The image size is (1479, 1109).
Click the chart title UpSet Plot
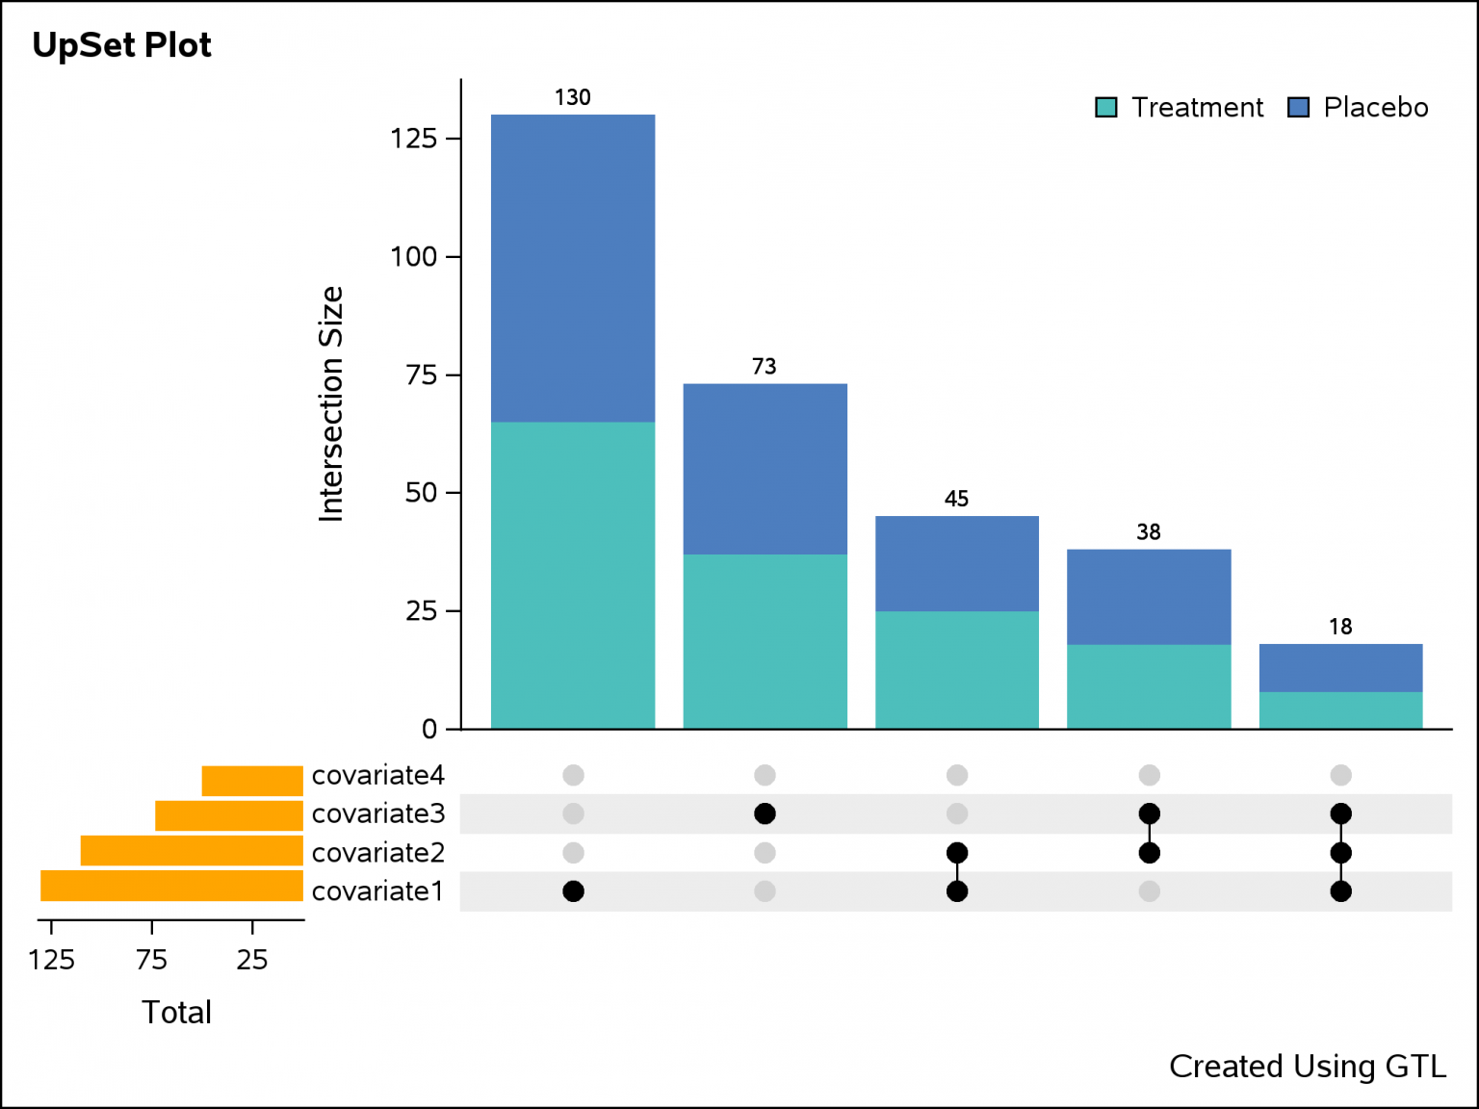pos(121,45)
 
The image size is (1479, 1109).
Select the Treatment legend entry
pos(1181,107)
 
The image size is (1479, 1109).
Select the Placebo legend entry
pos(1359,107)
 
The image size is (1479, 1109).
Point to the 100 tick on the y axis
pos(413,257)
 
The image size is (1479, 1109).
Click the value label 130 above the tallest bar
pos(572,97)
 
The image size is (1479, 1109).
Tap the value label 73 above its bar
pos(764,367)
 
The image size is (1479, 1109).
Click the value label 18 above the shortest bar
pos(1340,628)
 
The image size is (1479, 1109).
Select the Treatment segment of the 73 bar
pos(765,641)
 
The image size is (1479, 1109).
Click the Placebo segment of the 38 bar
pos(1149,597)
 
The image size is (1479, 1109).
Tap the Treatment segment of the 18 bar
pos(1340,710)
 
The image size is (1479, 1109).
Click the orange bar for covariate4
pos(252,781)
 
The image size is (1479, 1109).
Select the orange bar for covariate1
pos(171,886)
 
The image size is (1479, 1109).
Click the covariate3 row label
pos(378,814)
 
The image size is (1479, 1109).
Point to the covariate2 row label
pos(378,853)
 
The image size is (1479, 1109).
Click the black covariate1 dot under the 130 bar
pos(573,891)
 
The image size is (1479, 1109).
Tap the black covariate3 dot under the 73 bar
pos(765,814)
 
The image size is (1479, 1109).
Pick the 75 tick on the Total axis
pos(151,959)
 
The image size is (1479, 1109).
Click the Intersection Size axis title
pos(331,404)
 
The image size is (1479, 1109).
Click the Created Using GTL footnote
pos(1307,1067)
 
